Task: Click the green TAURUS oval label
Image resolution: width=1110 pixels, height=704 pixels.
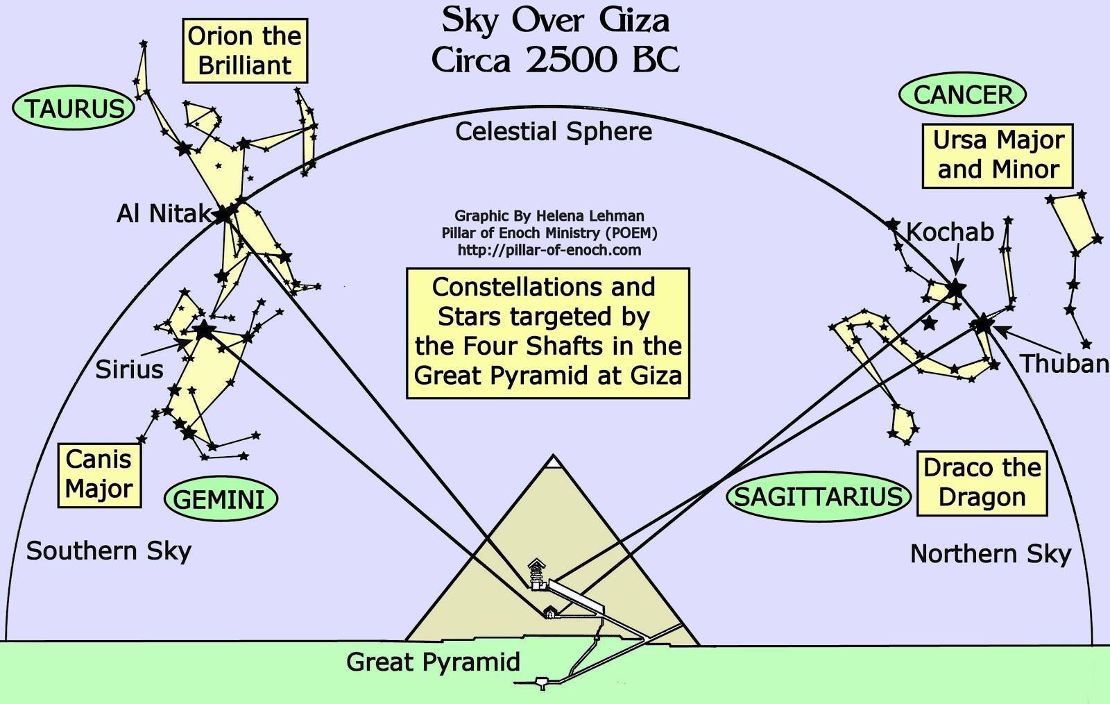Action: click(74, 108)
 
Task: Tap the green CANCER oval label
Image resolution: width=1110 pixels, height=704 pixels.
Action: click(962, 95)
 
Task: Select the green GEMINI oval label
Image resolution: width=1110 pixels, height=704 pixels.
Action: click(220, 499)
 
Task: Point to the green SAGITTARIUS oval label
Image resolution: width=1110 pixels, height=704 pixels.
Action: click(819, 496)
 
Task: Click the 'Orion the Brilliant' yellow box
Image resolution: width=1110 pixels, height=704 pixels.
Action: click(245, 51)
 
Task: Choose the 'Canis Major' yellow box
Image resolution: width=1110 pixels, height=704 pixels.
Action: click(99, 474)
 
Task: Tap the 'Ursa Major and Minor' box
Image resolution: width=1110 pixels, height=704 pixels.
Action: click(998, 155)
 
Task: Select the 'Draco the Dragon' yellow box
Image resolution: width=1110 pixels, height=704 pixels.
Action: click(982, 483)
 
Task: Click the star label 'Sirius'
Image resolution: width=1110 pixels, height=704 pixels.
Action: click(129, 369)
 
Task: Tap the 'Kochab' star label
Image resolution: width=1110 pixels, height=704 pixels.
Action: click(950, 232)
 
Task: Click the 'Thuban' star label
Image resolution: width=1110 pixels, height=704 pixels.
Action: click(1064, 363)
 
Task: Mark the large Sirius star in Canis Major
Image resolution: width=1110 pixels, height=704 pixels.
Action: click(203, 330)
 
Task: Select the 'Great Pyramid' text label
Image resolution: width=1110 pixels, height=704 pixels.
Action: click(433, 662)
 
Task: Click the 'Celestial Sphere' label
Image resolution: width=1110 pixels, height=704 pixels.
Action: click(554, 131)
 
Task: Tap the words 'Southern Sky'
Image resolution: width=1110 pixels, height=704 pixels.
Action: click(109, 551)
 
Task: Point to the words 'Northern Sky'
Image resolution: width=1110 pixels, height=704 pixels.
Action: click(991, 553)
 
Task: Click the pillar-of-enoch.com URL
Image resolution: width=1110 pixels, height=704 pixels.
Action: click(549, 250)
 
